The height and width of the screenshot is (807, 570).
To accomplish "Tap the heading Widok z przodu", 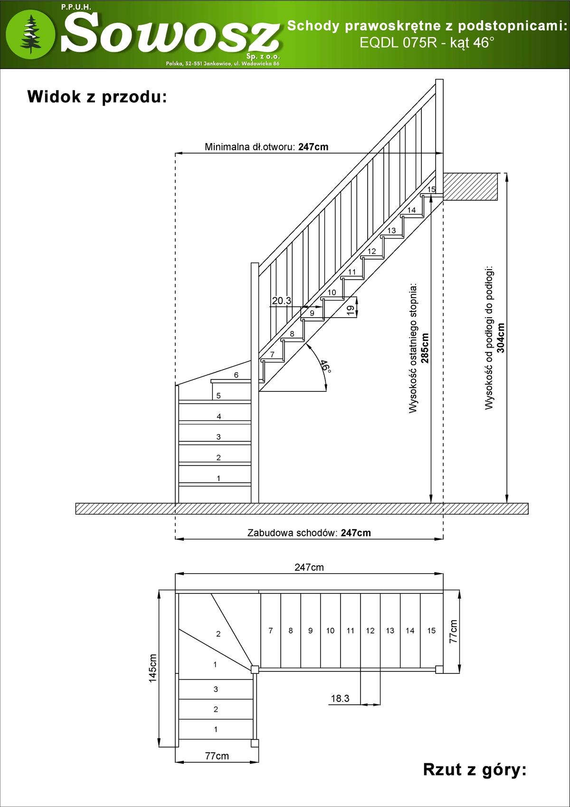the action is [97, 97].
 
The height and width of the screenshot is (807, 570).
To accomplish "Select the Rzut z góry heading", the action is [475, 769].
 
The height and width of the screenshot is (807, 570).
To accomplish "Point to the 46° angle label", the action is [325, 366].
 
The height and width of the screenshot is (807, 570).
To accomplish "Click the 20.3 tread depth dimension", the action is [282, 301].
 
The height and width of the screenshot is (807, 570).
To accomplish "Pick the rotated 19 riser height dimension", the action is [351, 310].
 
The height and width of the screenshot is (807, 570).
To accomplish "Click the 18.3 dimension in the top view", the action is [340, 698].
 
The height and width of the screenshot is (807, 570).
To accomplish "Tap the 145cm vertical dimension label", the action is [152, 668].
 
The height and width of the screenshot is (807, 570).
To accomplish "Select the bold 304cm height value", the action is [501, 338].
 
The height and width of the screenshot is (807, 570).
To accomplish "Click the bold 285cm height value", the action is [425, 348].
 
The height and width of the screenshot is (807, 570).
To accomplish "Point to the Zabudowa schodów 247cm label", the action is [309, 533].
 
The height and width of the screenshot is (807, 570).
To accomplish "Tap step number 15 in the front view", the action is [431, 189].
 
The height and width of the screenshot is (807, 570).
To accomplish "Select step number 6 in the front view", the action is [236, 375].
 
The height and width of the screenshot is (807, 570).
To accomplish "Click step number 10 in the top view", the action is [330, 631].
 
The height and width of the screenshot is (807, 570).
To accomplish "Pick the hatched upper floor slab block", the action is [470, 186].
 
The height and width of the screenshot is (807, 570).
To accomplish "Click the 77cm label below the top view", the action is [217, 756].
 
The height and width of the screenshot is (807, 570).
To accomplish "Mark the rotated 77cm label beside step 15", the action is [454, 631].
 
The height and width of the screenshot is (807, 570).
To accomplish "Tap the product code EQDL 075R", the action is [398, 42].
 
